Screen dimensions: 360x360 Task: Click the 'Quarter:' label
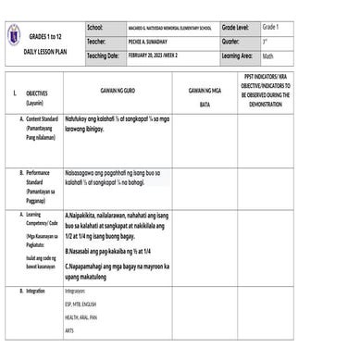(231, 43)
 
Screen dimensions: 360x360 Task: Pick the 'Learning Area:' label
(241, 56)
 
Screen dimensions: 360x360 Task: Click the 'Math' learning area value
(267, 56)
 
